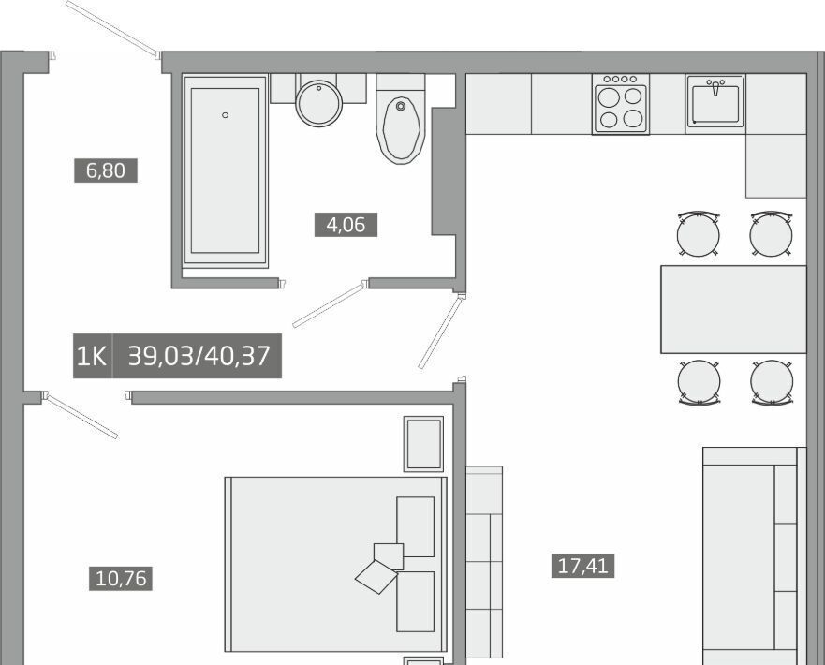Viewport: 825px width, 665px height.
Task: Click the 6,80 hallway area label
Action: [106, 170]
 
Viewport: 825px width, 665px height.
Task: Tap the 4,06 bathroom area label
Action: [346, 225]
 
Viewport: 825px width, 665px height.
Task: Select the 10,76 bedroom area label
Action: [121, 578]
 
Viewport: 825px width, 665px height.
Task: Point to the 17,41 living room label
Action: [583, 566]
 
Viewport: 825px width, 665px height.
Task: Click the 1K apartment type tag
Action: [92, 356]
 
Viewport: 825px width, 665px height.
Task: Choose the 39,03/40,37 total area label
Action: [199, 356]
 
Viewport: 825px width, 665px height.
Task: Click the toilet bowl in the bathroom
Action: [401, 128]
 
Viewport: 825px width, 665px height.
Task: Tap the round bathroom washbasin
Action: [318, 103]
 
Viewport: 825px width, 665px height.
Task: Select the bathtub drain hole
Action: [225, 115]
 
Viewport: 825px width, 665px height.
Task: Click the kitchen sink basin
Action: [715, 103]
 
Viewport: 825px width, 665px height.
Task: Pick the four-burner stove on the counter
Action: [620, 104]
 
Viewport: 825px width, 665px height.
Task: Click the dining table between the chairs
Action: [733, 309]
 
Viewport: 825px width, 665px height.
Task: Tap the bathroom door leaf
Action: [329, 305]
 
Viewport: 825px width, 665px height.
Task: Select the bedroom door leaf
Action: [82, 416]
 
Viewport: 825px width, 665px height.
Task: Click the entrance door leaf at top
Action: [111, 27]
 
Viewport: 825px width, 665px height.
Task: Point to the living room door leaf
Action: [441, 332]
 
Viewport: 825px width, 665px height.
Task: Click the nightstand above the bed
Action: [423, 444]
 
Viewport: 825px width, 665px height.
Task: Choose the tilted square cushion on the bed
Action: [376, 577]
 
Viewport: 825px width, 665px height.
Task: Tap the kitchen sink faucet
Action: [715, 87]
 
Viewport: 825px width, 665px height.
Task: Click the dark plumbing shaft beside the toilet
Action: [444, 171]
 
